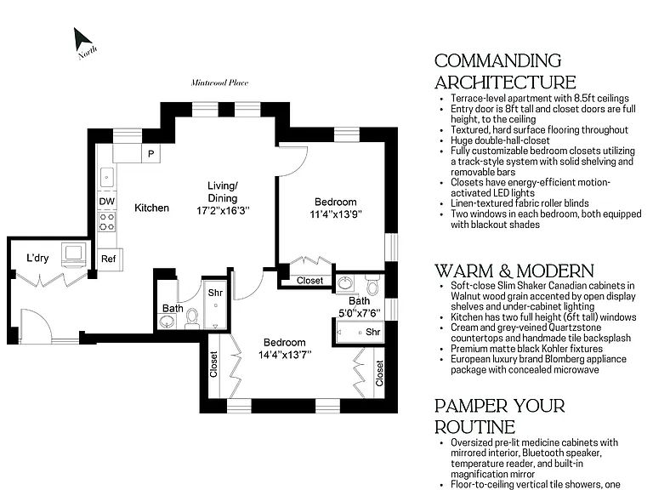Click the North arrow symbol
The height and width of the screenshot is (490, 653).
click(82, 40)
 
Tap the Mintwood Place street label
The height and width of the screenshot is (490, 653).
click(219, 83)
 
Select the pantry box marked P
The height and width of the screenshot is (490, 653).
click(150, 154)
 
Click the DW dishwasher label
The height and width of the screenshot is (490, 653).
click(106, 202)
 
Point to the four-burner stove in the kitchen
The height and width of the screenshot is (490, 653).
click(107, 222)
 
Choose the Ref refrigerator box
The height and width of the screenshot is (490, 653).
click(109, 259)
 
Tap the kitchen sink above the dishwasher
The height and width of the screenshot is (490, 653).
click(107, 178)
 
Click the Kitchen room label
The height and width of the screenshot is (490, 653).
click(151, 208)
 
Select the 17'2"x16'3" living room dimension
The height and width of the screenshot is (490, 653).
click(223, 211)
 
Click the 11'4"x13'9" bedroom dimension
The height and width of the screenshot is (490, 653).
click(336, 214)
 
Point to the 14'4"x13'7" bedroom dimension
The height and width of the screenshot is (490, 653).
click(285, 355)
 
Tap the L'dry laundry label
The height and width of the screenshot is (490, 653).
click(37, 258)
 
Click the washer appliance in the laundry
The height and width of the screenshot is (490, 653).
click(74, 254)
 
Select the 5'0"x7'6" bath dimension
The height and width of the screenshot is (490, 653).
click(360, 313)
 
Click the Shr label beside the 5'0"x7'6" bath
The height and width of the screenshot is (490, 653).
click(372, 332)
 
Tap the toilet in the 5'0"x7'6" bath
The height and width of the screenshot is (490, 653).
click(372, 284)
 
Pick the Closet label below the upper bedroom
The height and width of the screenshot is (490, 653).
click(309, 281)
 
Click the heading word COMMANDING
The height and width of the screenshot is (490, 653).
click(497, 61)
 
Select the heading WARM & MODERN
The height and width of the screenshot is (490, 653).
click(514, 271)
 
